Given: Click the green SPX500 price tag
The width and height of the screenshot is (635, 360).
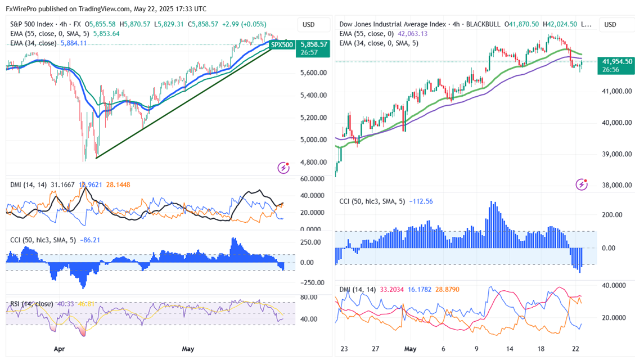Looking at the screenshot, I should coord(282,44).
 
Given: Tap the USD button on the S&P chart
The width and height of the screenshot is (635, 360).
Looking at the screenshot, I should coord(308,25).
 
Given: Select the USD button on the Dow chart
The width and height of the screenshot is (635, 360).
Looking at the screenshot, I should coord(610,25).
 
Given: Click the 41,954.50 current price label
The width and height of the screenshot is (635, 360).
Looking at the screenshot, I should coord(618,62).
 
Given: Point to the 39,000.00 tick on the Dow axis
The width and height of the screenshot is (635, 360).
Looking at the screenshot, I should coord(618,154).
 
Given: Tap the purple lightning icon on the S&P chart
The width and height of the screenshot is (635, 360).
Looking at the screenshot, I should coord(283,168).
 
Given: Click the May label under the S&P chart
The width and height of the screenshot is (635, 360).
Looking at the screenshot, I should coord(188,349).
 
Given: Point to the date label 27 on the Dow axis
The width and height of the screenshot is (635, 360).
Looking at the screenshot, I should coord(376,349).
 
